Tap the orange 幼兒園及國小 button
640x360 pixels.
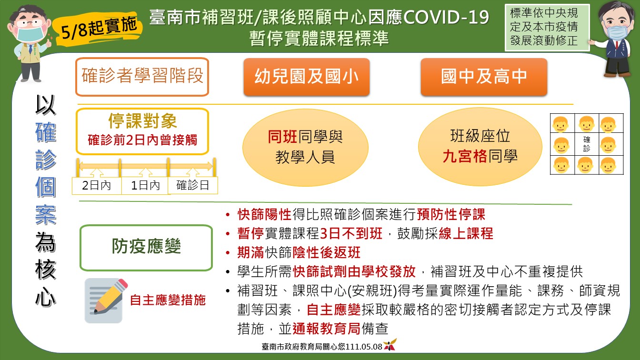coord(307,77)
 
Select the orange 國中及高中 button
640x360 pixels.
coord(484,77)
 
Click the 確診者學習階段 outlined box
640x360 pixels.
coord(142,77)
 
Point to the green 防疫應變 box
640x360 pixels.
coord(146,248)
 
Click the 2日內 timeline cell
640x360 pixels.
coord(97,186)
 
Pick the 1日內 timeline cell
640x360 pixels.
coord(145,186)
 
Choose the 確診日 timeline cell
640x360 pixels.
coord(193,186)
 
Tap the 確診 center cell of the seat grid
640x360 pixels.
coord(587,144)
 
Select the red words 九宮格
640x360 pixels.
coord(465,156)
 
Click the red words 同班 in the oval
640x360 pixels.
coord(282,137)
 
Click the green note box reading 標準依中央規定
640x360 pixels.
coord(547,28)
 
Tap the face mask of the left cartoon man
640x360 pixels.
coord(30,32)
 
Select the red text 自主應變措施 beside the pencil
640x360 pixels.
coord(168,300)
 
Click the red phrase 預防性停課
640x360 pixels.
coord(451,215)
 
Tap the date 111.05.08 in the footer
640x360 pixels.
coord(364,347)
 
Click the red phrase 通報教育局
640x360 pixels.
coord(327,329)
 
